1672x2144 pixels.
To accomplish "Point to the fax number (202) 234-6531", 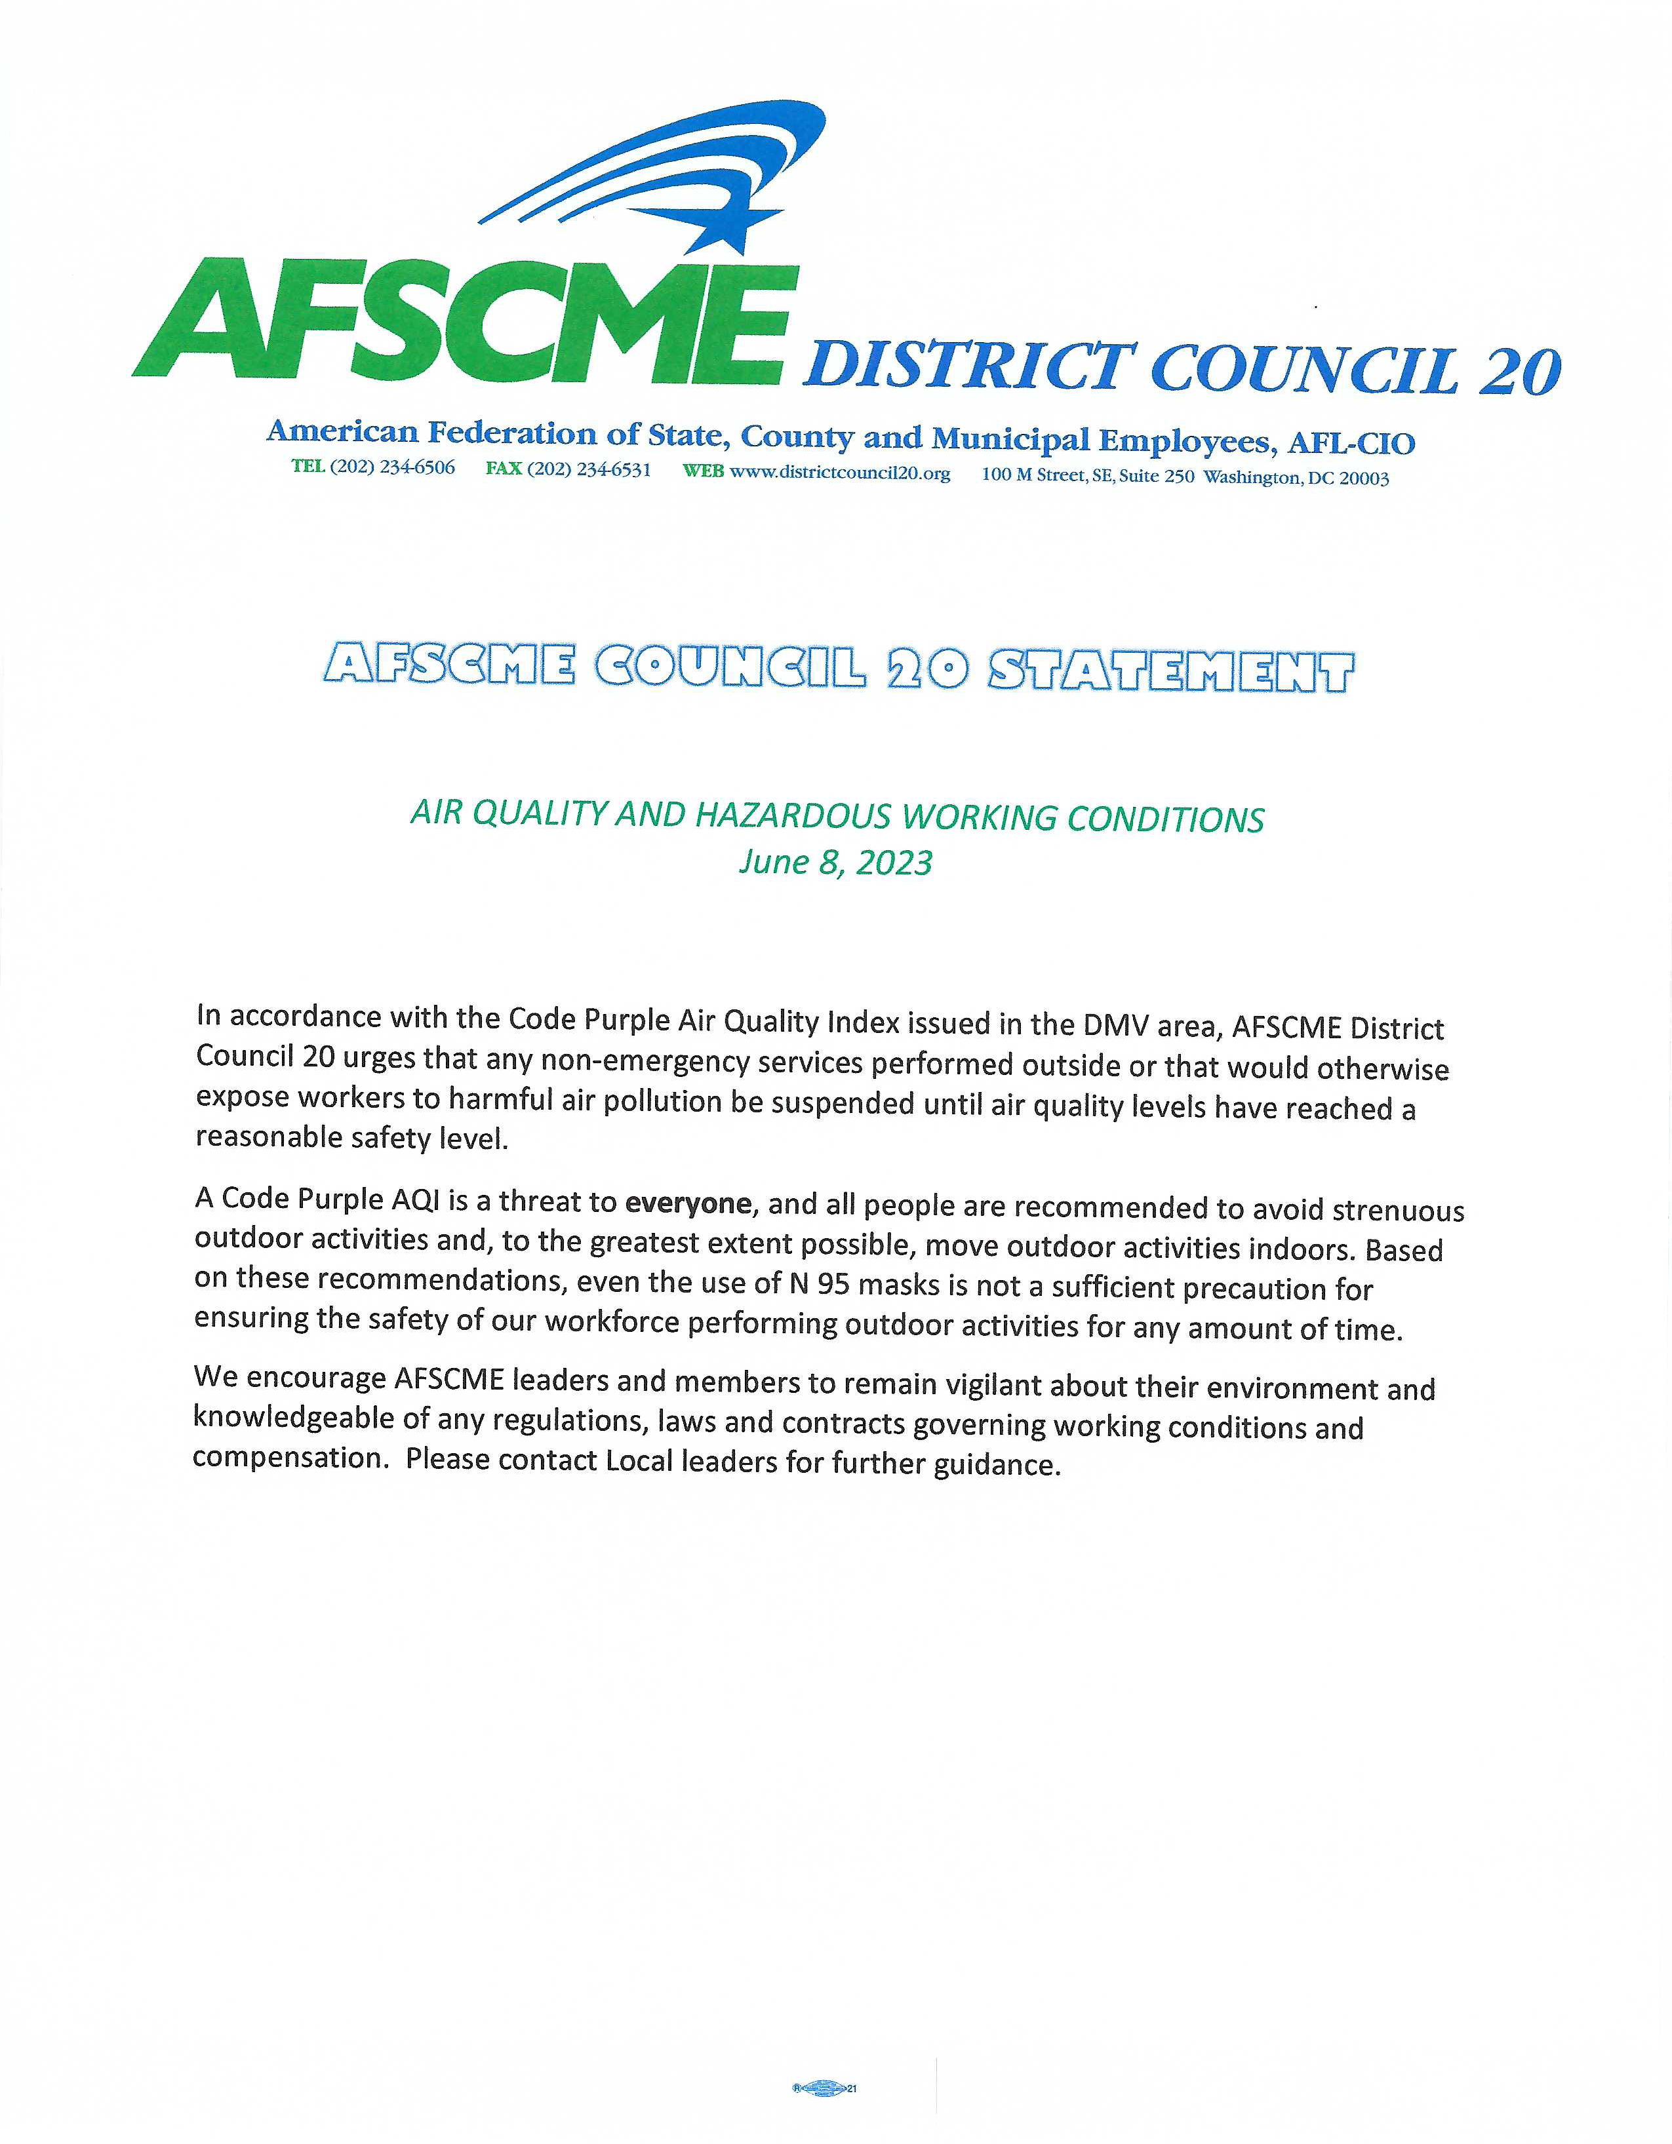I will (588, 469).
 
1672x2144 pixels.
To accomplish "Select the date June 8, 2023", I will (835, 862).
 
